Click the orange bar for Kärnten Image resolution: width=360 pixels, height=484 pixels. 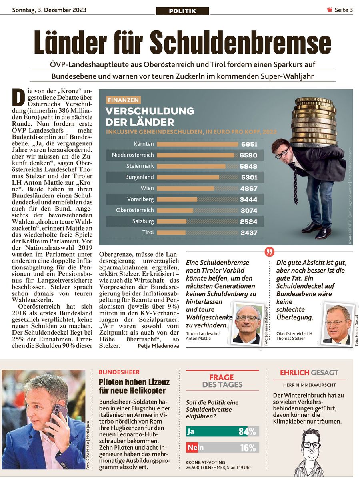click(x=197, y=144)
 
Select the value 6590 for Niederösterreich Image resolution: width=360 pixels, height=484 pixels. click(x=248, y=155)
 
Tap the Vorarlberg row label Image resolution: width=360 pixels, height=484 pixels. click(x=140, y=199)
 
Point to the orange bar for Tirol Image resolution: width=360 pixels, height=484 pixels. click(x=171, y=233)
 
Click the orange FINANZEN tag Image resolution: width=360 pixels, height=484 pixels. click(x=123, y=100)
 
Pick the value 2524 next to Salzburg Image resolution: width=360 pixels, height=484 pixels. click(x=248, y=221)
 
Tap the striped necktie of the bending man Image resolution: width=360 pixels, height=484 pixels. click(x=295, y=184)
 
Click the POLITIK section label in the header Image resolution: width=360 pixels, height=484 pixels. click(x=182, y=11)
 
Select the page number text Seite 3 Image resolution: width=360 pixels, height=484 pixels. click(x=344, y=10)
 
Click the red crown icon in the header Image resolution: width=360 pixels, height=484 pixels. click(x=329, y=10)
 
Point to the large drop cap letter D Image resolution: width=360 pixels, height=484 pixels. click(x=18, y=97)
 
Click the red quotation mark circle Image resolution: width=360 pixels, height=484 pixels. click(x=270, y=252)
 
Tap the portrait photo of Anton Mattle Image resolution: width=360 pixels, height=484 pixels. click(x=247, y=324)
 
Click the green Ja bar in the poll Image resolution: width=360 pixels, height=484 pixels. click(x=217, y=431)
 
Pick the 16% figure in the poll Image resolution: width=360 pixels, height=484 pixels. click(x=248, y=448)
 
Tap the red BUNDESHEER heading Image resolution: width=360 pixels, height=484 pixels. click(x=119, y=372)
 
